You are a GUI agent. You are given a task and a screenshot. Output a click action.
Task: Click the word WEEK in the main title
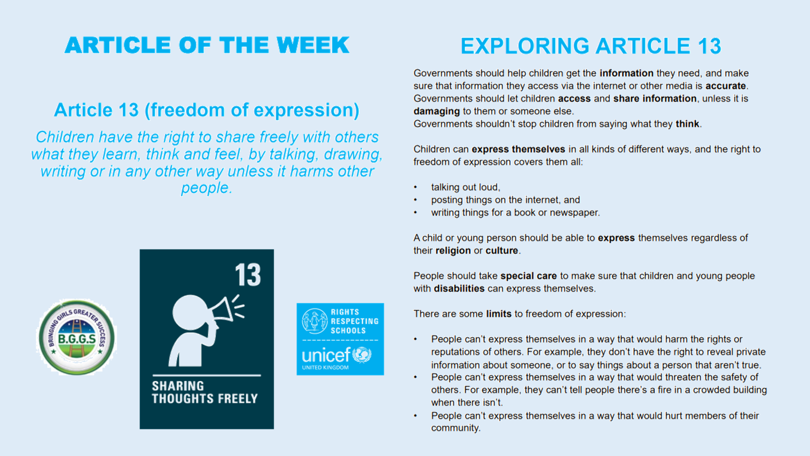313,45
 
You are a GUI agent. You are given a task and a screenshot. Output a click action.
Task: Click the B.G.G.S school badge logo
76,337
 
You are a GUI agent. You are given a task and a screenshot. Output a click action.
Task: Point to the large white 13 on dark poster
248,275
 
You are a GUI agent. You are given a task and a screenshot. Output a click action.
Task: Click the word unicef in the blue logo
326,356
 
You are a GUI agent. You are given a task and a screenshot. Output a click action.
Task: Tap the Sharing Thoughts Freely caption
205,392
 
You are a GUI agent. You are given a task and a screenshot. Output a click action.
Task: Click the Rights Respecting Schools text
354,321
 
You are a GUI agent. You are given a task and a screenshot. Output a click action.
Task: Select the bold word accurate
726,86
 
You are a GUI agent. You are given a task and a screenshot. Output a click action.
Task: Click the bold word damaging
437,111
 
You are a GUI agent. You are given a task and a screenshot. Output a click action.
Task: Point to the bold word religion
453,251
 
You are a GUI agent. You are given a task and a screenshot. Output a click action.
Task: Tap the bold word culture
502,250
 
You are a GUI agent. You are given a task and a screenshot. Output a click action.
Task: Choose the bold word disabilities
459,288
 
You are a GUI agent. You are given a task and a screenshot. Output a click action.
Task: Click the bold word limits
499,314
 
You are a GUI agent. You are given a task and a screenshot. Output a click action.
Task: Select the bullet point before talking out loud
416,187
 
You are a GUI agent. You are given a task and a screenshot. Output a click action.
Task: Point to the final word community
455,428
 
